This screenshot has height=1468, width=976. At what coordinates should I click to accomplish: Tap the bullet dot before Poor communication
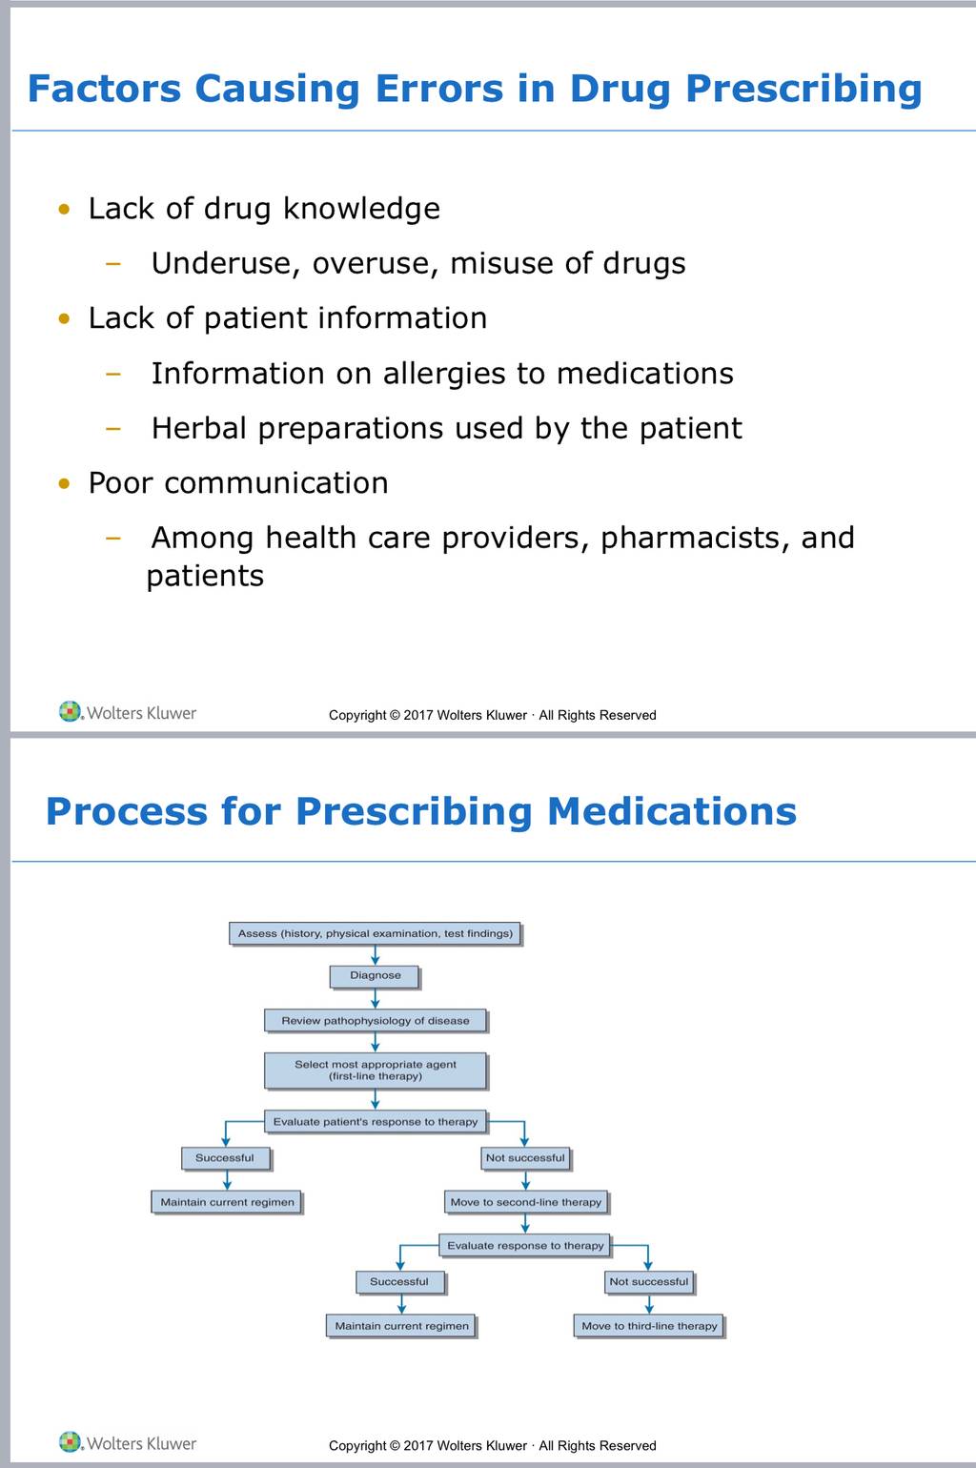(x=64, y=483)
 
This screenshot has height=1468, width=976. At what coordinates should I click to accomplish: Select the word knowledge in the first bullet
(x=361, y=209)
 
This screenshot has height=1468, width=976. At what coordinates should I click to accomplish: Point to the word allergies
(x=444, y=374)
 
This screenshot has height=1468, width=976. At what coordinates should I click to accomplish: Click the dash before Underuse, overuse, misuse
(x=113, y=264)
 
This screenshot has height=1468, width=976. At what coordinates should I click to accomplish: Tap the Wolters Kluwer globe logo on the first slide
(x=70, y=711)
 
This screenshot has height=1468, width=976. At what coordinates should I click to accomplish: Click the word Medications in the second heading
(x=671, y=811)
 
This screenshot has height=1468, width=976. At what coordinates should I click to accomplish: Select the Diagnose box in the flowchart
(x=375, y=976)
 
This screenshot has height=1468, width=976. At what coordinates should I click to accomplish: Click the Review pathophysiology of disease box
(x=376, y=1020)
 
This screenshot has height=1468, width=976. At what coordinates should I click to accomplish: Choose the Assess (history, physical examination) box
(x=375, y=933)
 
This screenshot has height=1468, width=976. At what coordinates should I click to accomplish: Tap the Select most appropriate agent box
(x=376, y=1070)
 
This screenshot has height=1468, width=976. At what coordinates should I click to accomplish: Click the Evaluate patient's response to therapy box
(x=376, y=1121)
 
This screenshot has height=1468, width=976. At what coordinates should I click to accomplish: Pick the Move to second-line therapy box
(x=526, y=1202)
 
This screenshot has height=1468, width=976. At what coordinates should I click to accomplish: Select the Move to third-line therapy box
(x=650, y=1326)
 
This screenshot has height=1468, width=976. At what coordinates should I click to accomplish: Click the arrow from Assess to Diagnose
(x=375, y=955)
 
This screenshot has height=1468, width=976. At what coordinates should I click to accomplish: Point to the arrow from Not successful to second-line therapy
(x=526, y=1180)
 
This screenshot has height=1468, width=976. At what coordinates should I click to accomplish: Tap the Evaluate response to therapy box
(x=525, y=1245)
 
